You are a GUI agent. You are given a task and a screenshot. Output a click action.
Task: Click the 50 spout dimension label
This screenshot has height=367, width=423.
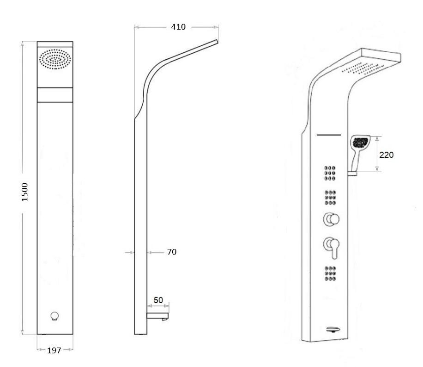158,300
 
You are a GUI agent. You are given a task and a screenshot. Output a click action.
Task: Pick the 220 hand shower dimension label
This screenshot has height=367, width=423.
386,155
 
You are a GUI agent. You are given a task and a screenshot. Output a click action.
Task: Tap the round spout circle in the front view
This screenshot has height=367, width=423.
55,317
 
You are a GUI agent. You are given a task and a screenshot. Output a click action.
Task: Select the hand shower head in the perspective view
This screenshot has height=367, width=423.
359,143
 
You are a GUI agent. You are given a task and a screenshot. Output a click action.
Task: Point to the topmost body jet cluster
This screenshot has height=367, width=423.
330,172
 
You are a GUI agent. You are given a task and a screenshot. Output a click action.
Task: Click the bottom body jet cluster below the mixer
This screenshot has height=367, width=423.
330,274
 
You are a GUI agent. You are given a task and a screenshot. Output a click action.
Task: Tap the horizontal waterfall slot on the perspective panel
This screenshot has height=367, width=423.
328,135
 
